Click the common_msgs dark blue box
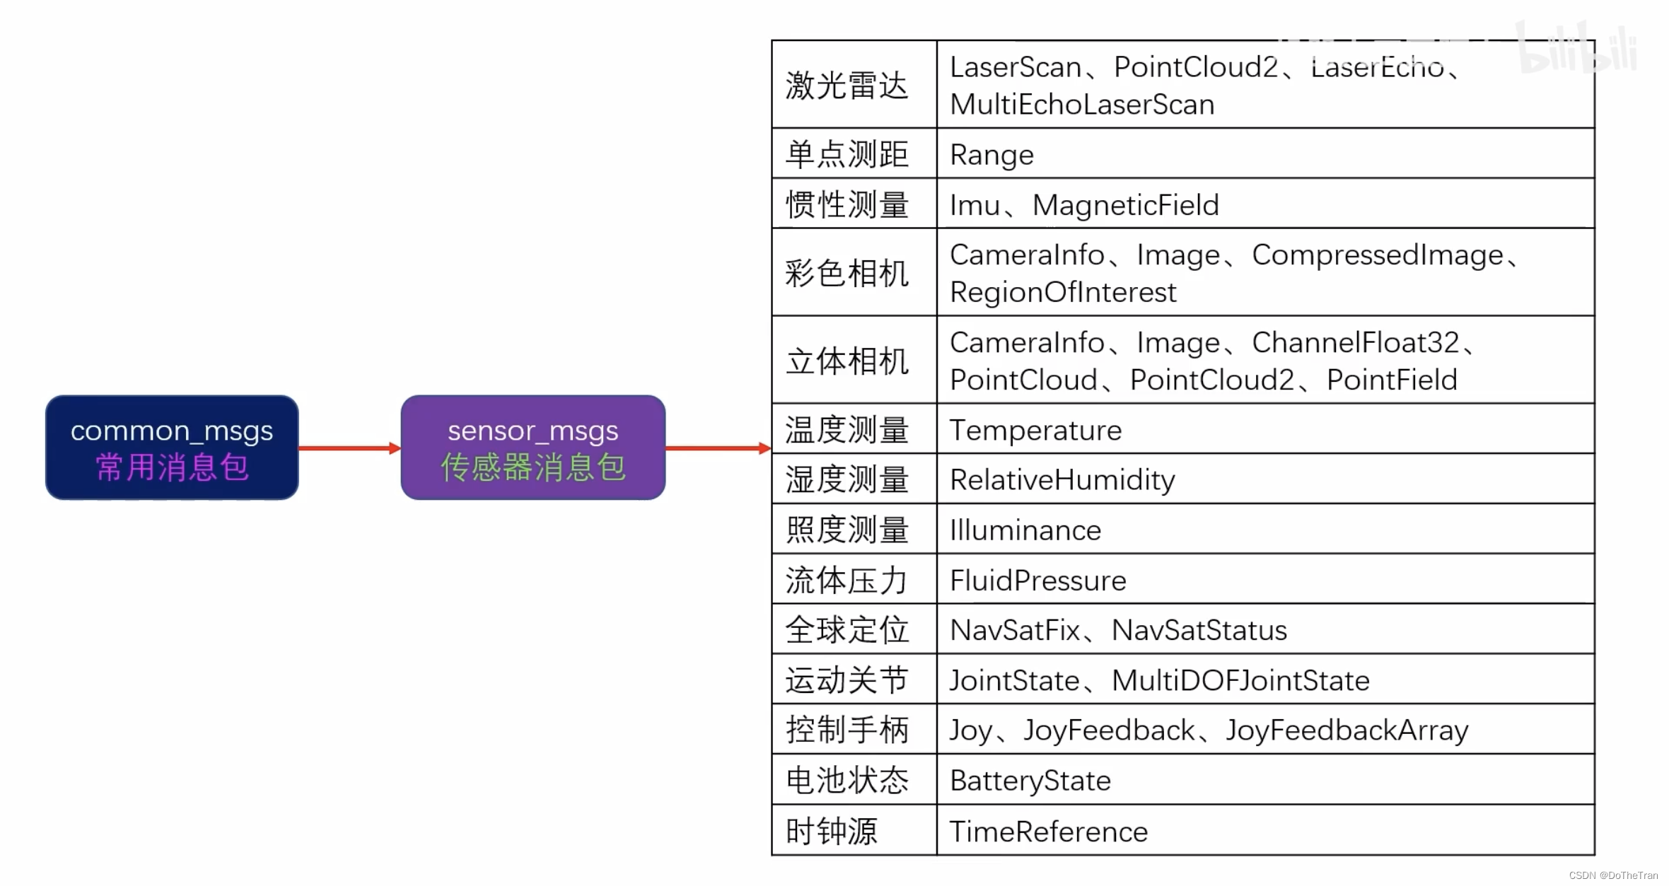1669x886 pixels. pos(172,447)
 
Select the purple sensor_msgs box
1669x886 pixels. pos(533,447)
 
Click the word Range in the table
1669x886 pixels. pos(991,155)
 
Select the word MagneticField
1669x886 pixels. pos(1126,205)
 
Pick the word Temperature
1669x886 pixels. pos(1035,430)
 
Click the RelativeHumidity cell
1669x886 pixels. pos(1062,480)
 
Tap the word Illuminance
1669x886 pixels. pos(1025,530)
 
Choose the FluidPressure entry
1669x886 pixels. pos(1037,581)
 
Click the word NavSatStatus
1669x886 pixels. pos(1199,630)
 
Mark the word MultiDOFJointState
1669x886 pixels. pos(1240,680)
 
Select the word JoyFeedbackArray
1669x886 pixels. pos(1347,730)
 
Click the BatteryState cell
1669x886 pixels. pos(1030,781)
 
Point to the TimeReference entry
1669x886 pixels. pos(1048,832)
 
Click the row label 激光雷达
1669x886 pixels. pos(847,86)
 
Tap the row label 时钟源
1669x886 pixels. pos(832,832)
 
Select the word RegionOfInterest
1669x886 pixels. pos(1063,292)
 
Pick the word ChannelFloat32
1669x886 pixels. pos(1356,343)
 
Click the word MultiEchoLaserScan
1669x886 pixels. pos(1082,105)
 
